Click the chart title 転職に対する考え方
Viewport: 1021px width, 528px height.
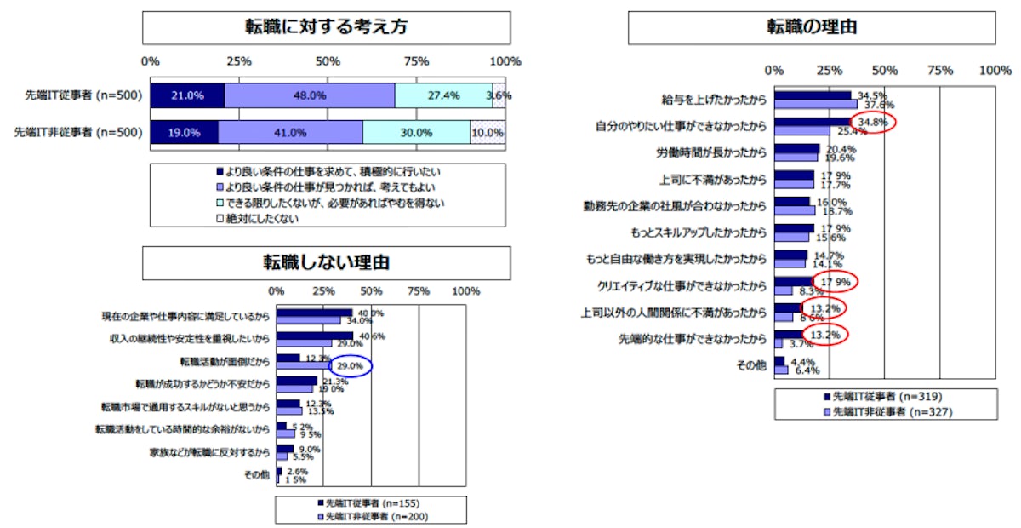(x=326, y=27)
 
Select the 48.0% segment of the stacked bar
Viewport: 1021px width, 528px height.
(x=310, y=95)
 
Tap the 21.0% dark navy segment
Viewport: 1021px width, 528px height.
(x=187, y=95)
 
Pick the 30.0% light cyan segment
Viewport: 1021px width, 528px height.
(x=416, y=133)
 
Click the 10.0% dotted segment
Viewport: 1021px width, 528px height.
(x=488, y=133)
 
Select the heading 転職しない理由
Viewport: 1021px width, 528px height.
(x=326, y=263)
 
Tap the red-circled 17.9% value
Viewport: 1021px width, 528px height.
(x=834, y=281)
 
